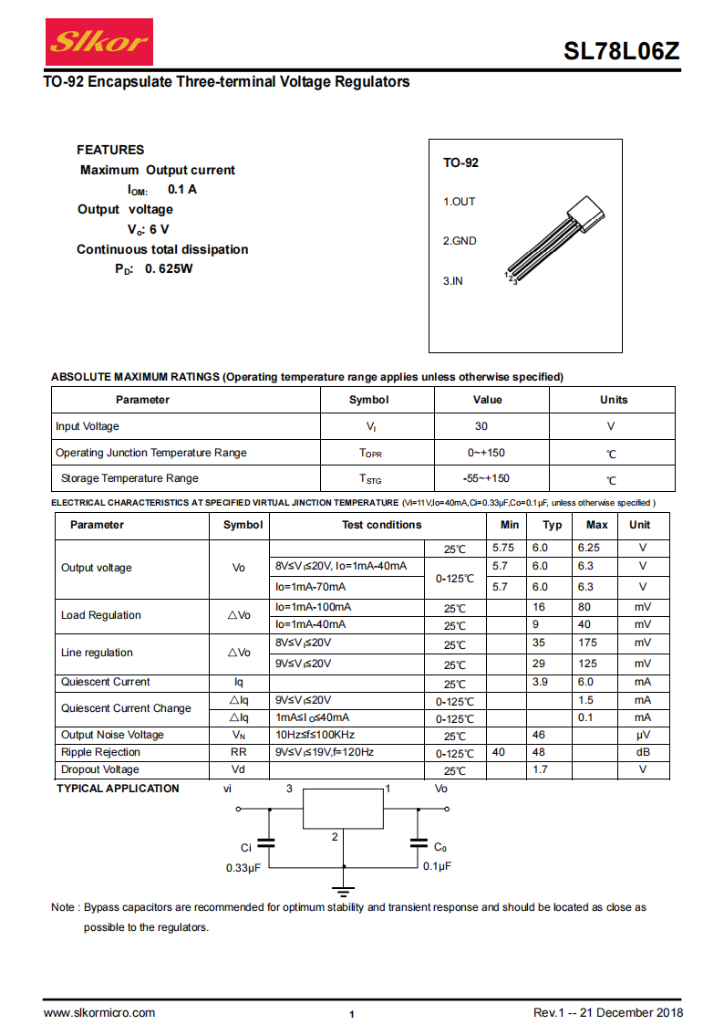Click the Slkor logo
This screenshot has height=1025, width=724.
click(87, 41)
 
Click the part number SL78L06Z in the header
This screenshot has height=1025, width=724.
click(621, 52)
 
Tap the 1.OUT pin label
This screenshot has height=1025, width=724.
click(460, 202)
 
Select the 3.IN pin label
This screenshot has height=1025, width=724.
click(453, 281)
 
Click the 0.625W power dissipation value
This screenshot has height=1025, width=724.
click(169, 268)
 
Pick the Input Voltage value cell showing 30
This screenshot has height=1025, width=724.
click(481, 426)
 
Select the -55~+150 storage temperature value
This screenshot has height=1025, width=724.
click(486, 478)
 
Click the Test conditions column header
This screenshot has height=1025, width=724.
click(381, 525)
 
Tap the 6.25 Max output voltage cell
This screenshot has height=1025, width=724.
click(589, 549)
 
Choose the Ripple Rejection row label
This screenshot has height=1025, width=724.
click(100, 752)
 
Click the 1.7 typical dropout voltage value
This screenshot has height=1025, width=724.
click(540, 769)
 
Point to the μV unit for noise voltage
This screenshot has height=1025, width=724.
click(642, 735)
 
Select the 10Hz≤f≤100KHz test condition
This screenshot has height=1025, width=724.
click(315, 735)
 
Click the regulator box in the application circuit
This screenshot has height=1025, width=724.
click(343, 809)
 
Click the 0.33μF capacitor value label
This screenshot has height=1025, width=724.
click(243, 868)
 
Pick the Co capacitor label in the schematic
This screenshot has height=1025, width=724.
click(440, 848)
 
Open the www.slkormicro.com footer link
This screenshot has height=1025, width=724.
click(99, 1013)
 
